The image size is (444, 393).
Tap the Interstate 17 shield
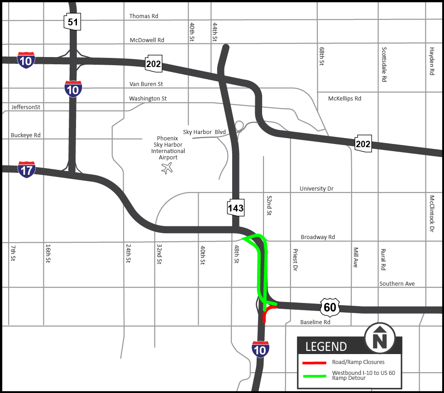click(27, 169)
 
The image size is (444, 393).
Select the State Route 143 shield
click(236, 207)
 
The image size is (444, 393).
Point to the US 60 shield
click(330, 307)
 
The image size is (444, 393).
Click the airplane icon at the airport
click(167, 168)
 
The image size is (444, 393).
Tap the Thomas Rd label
click(143, 16)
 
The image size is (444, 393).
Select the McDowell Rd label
click(147, 40)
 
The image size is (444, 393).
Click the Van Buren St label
click(146, 84)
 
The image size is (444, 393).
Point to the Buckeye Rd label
click(25, 135)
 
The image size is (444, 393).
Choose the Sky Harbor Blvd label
click(204, 132)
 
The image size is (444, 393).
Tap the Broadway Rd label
click(318, 237)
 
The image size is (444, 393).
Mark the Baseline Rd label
click(315, 322)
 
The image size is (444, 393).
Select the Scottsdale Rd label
click(384, 64)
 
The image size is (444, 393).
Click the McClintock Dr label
click(432, 214)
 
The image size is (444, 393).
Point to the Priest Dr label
click(295, 260)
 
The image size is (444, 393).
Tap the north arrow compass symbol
click(380, 338)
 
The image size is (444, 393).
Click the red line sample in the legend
click(314, 362)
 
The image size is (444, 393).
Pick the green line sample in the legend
click(314, 375)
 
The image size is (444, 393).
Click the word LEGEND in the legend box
click(326, 347)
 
